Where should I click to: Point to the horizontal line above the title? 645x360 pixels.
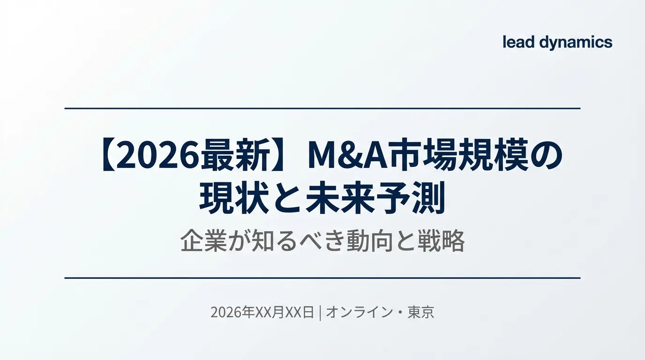(322, 108)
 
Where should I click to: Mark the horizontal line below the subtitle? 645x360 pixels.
(322, 278)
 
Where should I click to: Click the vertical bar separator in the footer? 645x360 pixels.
(320, 312)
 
